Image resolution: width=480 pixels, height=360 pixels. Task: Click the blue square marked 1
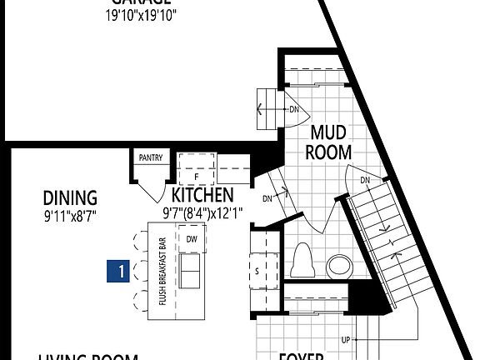click(122, 271)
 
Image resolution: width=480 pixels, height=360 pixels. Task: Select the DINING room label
click(70, 198)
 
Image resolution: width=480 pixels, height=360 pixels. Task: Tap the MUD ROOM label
click(329, 142)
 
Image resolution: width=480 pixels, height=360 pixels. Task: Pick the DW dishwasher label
click(191, 239)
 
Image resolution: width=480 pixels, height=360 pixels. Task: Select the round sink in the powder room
click(340, 267)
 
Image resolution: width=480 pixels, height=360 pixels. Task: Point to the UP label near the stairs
click(345, 340)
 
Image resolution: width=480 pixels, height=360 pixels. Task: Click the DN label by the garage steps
click(293, 109)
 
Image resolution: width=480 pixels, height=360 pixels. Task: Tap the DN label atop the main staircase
click(365, 181)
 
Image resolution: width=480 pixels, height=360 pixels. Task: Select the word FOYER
click(300, 356)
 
